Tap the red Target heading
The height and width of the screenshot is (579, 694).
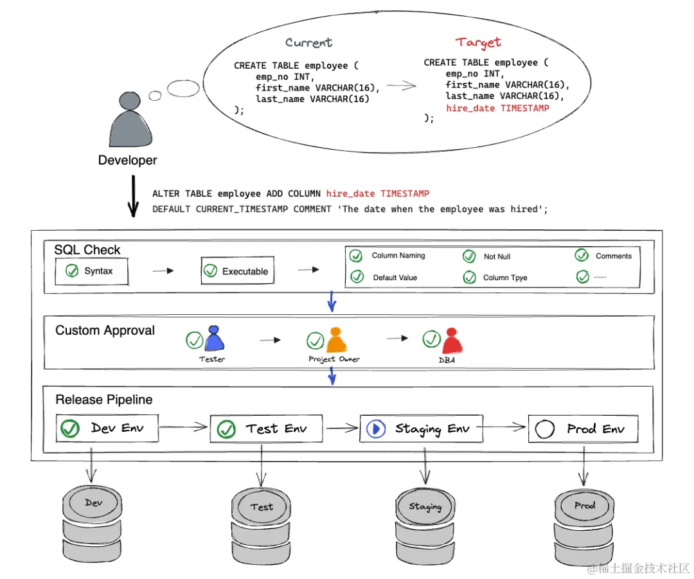(x=478, y=42)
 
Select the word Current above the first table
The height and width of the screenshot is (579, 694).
(x=308, y=43)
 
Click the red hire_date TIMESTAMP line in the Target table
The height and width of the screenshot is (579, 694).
(x=497, y=108)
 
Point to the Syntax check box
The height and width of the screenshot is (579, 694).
(x=91, y=271)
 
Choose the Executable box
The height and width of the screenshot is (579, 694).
(x=236, y=271)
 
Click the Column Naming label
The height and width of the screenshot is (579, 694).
(x=398, y=256)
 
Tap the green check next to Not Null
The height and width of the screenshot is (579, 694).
(x=469, y=256)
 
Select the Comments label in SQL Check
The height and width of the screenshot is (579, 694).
(x=614, y=256)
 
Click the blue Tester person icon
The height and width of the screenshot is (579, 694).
(x=213, y=339)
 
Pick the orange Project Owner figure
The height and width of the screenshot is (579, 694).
(x=336, y=340)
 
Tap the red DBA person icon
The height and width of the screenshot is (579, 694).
(x=452, y=341)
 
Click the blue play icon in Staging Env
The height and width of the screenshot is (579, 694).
(x=376, y=429)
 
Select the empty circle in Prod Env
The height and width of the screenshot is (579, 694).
(x=544, y=429)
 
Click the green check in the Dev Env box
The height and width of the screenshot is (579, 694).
(x=69, y=428)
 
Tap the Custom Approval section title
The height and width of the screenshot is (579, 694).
(x=105, y=330)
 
